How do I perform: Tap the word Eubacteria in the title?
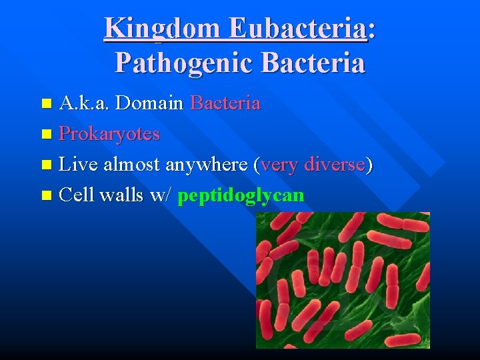click(x=297, y=28)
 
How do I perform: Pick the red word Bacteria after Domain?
click(x=225, y=103)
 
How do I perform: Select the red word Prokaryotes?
click(x=109, y=134)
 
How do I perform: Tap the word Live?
click(x=78, y=165)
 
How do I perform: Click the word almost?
click(x=131, y=165)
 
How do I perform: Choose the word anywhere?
click(x=207, y=165)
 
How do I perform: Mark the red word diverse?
click(x=335, y=165)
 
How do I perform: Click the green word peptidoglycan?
click(x=241, y=195)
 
